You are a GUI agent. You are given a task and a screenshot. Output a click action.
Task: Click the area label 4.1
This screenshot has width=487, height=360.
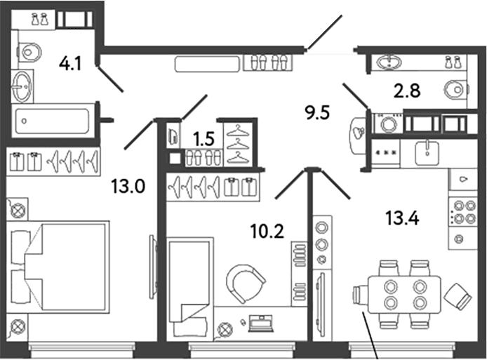(70, 64)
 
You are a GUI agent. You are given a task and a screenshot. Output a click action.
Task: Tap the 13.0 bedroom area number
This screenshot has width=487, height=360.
(128, 187)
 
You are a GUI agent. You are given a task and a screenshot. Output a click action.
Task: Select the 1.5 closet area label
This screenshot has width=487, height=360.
(204, 138)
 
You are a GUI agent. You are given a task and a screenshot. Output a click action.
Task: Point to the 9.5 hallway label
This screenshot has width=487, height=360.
(317, 112)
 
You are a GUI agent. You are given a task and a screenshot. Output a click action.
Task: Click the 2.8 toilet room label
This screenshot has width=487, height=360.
(407, 91)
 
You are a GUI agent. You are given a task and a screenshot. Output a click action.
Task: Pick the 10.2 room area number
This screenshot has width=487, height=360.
(267, 232)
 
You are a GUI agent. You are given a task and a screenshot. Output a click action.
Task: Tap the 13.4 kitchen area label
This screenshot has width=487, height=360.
(402, 218)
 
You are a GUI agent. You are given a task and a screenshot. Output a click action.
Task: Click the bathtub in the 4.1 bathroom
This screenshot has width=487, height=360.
(52, 121)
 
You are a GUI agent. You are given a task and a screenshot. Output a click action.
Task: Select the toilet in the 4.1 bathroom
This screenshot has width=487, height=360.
(29, 52)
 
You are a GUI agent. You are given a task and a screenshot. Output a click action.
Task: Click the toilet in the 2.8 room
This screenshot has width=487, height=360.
(455, 89)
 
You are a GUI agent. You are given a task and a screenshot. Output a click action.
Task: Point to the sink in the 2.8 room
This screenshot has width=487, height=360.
(389, 62)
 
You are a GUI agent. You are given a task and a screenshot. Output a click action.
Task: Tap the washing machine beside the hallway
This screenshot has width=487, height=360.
(389, 124)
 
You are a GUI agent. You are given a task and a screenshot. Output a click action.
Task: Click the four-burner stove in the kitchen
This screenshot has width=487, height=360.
(462, 211)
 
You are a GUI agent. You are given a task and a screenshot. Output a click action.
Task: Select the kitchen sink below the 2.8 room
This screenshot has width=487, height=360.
(427, 153)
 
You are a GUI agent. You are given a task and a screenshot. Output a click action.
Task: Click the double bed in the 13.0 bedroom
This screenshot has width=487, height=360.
(58, 267)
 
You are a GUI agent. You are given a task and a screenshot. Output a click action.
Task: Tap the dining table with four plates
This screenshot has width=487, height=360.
(405, 294)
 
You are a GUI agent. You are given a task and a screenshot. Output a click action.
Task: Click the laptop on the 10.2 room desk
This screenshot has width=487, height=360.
(260, 324)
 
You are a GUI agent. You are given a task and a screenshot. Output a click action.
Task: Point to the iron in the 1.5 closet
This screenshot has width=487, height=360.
(173, 135)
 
